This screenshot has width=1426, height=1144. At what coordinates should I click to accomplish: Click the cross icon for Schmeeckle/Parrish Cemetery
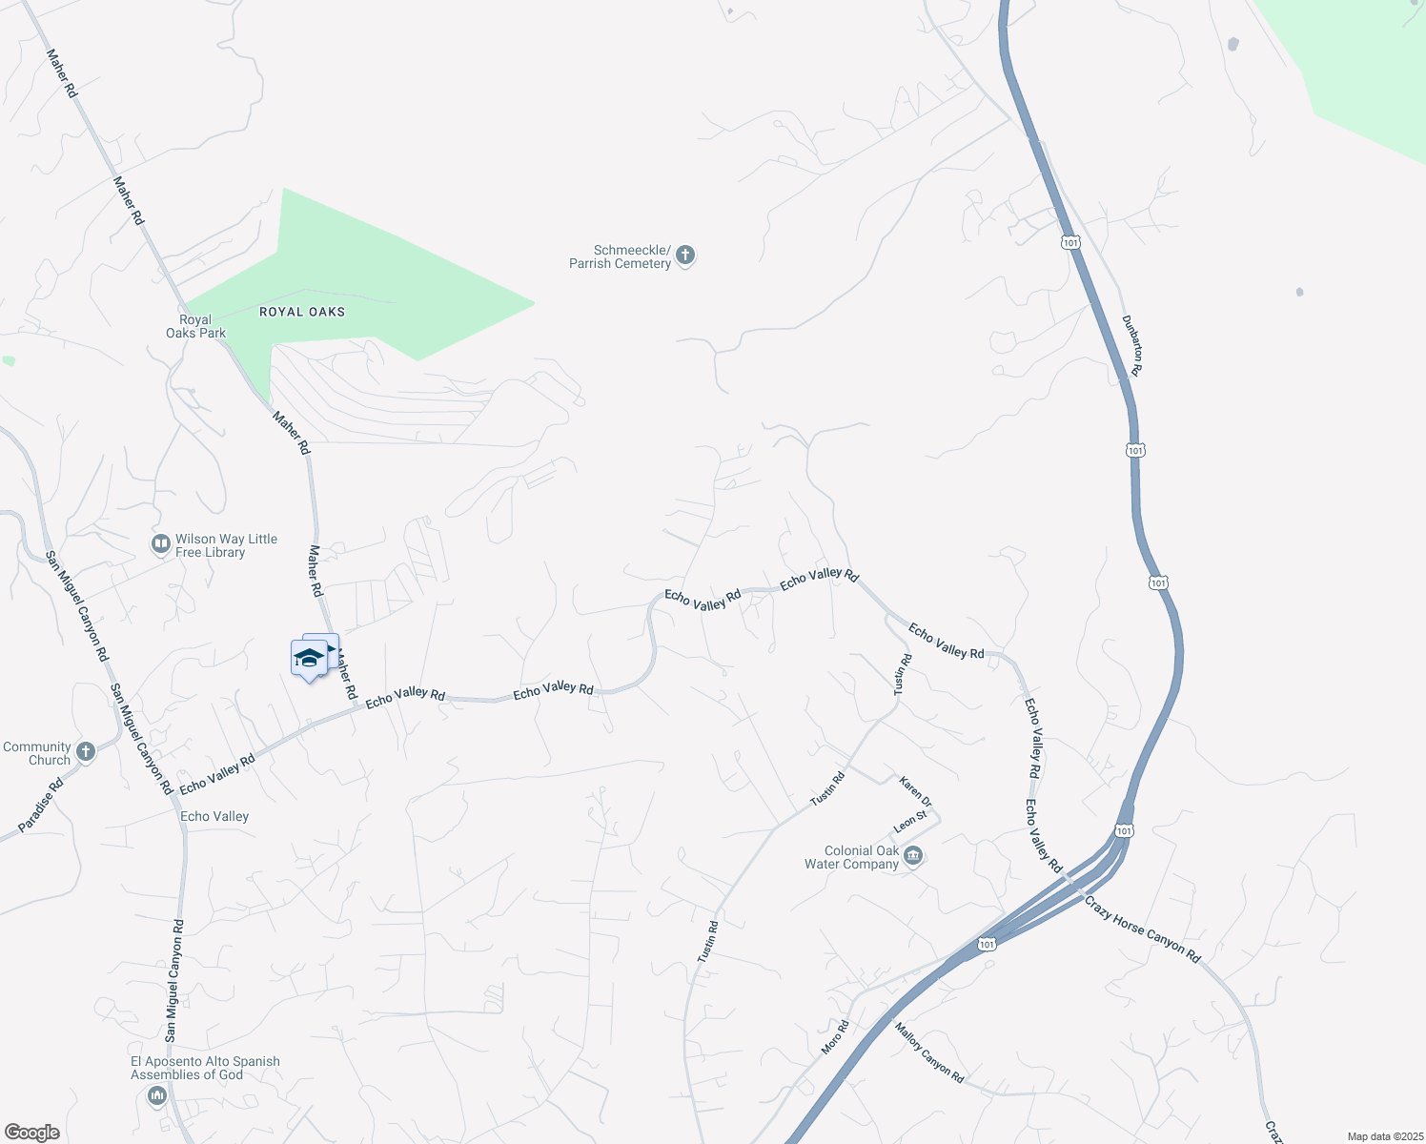(685, 255)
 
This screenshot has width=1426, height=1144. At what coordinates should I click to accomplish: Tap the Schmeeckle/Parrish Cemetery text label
(621, 256)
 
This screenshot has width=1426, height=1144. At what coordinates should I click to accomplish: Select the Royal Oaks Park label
(195, 327)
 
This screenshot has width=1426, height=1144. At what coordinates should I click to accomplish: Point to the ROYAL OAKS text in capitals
(302, 312)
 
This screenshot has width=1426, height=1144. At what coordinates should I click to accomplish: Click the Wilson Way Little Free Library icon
(160, 544)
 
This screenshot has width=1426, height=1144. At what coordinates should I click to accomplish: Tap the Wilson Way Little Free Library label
(226, 545)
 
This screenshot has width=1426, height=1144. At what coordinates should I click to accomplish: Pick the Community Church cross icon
(85, 752)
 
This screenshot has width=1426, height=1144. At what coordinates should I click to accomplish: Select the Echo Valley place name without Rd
(214, 816)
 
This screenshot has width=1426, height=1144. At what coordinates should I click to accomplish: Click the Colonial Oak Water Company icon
(913, 856)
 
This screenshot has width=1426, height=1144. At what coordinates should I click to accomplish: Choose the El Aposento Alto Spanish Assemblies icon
(157, 1096)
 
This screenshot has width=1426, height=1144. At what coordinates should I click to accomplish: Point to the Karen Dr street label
(915, 791)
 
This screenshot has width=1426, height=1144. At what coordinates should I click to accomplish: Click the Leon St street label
(910, 821)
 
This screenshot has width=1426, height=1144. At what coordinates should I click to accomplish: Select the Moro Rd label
(835, 1037)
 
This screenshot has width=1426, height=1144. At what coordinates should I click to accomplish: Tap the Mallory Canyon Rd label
(929, 1052)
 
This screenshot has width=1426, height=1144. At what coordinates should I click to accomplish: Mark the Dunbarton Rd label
(1131, 344)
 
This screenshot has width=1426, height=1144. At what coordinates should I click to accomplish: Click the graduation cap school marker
(310, 658)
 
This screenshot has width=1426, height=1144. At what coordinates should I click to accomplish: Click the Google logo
(32, 1133)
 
